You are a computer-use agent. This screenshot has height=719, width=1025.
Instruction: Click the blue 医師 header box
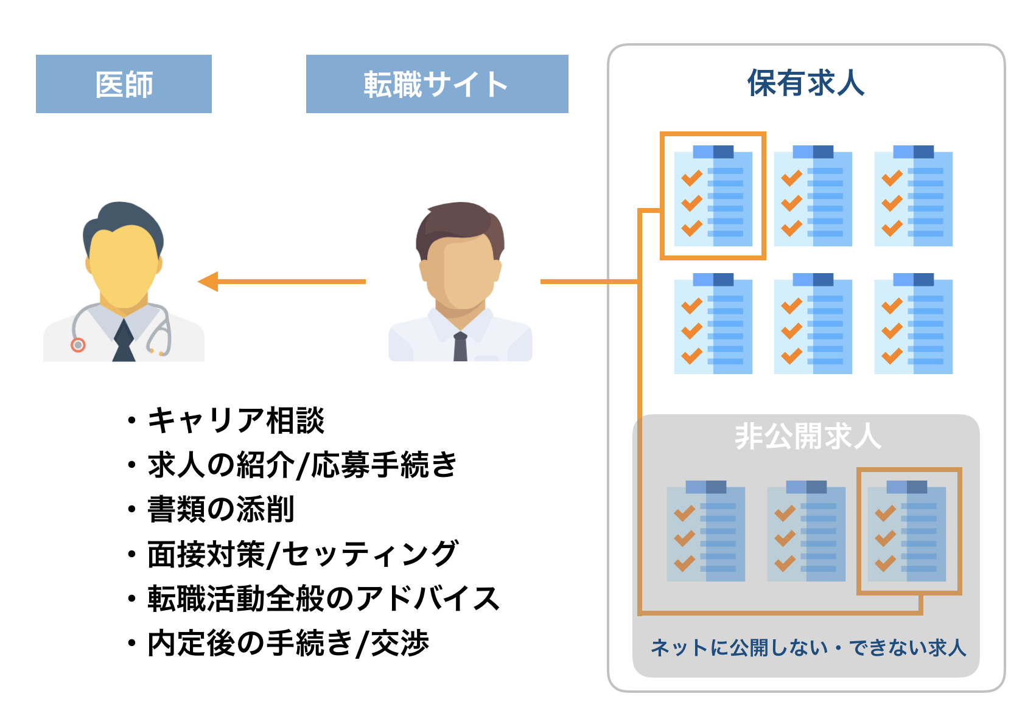click(124, 84)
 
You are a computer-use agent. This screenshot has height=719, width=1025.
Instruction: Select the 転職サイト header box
click(436, 84)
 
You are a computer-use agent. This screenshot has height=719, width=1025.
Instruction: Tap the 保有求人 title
click(806, 83)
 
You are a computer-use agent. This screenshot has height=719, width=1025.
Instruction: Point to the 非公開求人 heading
click(808, 436)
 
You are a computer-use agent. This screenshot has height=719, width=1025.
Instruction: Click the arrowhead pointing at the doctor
click(209, 282)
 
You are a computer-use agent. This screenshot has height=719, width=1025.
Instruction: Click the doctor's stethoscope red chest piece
click(78, 345)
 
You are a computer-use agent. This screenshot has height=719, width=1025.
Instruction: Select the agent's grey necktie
click(460, 347)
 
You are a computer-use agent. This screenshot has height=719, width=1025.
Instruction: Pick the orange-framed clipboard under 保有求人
click(713, 196)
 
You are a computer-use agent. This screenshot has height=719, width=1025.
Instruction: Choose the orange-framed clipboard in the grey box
click(908, 531)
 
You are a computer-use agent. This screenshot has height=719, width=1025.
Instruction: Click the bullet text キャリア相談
click(236, 420)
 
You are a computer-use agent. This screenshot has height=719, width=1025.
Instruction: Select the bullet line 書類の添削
click(221, 509)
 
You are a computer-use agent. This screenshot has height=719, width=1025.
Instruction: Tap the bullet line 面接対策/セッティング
click(303, 554)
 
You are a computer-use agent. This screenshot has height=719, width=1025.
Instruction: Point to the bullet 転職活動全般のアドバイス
click(323, 599)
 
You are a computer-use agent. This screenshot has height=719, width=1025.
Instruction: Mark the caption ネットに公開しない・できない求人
click(808, 648)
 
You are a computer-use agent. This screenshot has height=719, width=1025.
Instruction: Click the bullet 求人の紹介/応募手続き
click(303, 465)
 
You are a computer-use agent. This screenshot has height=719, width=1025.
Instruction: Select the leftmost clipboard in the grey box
click(706, 531)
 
